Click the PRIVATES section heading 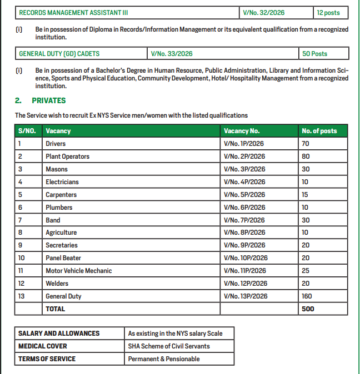tap(48, 100)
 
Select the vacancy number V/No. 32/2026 tap(264, 12)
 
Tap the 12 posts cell tap(328, 12)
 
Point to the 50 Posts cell tap(314, 54)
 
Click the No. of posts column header tap(319, 131)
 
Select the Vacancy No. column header tap(242, 131)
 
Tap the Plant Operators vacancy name tap(67, 156)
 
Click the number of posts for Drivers tap(306, 144)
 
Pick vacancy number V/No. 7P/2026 tap(244, 220)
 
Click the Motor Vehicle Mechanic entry tap(78, 271)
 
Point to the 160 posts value tap(307, 296)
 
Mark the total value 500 tap(308, 309)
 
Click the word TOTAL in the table tap(55, 309)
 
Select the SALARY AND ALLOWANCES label tap(59, 333)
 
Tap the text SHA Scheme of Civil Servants tap(169, 346)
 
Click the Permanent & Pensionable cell tap(163, 359)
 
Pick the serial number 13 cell tap(22, 296)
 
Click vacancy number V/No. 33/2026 tap(172, 54)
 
